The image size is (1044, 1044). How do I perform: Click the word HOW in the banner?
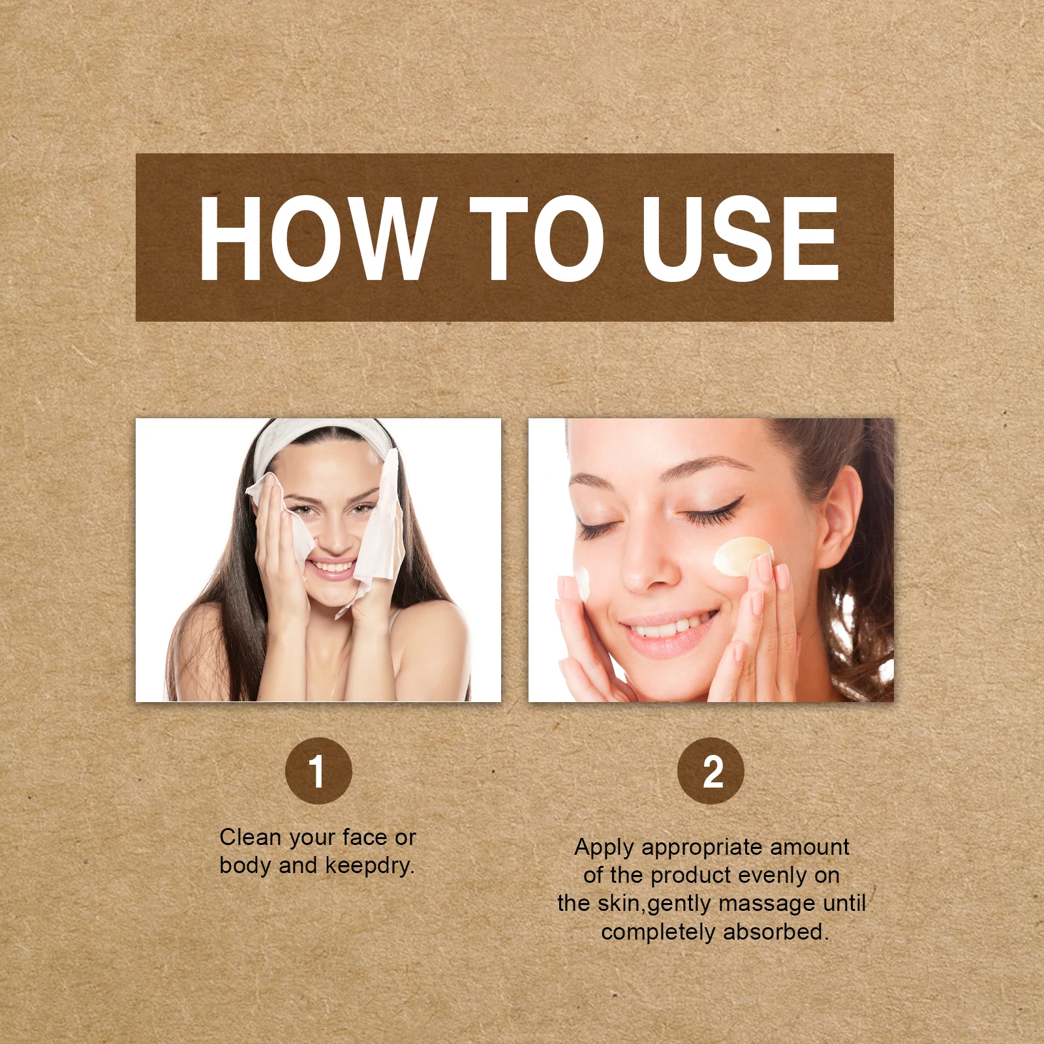[x=318, y=239]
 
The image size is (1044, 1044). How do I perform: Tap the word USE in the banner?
[x=740, y=239]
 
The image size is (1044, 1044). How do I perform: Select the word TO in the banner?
[x=536, y=239]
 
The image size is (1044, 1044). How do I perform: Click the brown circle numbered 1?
[x=318, y=771]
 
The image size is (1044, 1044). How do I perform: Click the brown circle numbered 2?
[x=711, y=771]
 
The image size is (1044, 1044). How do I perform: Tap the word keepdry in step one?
[x=368, y=865]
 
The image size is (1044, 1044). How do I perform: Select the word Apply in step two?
[x=604, y=848]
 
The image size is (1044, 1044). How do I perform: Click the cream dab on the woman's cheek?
[x=743, y=556]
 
